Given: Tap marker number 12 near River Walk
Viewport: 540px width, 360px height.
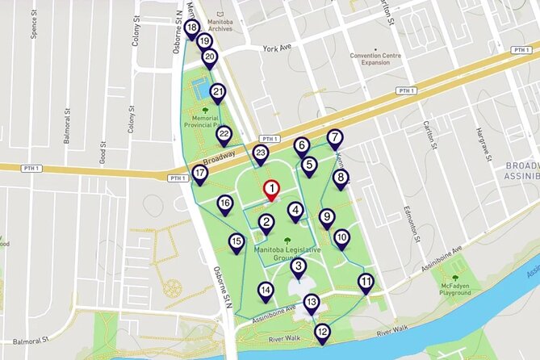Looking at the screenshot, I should (322, 331).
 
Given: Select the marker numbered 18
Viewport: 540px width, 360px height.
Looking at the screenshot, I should (191, 27).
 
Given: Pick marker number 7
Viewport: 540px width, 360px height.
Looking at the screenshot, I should (335, 137).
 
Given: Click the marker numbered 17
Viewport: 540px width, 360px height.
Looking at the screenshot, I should (199, 174).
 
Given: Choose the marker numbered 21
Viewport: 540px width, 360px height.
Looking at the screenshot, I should (218, 93).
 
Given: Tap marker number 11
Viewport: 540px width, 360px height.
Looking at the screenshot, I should (366, 282).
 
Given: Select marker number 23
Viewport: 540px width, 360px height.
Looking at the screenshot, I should (260, 153).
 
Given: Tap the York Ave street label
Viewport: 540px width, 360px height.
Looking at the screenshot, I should (275, 48).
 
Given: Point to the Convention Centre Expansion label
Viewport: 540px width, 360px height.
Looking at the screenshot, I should (375, 59).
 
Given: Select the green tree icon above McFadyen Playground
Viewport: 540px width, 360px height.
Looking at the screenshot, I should (455, 278).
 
